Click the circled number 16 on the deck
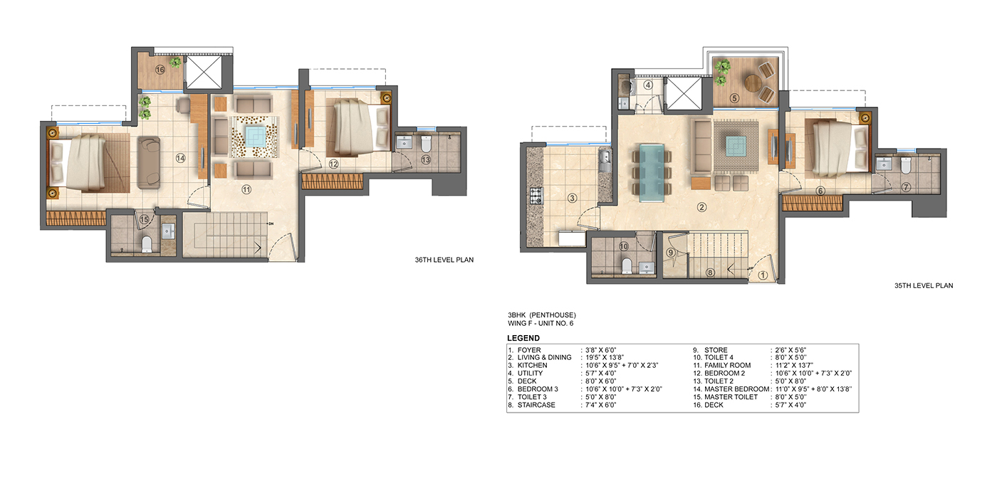pos(160,70)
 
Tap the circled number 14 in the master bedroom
pos(180,158)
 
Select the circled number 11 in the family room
pos(246,190)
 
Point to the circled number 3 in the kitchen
pos(573,198)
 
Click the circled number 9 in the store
pos(671,253)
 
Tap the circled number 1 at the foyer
pos(763,275)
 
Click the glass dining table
pos(652,173)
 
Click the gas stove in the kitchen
pos(536,196)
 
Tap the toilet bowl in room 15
pos(147,244)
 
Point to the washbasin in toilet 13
pos(405,143)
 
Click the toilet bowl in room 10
pos(626,265)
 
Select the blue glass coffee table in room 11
pos(255,136)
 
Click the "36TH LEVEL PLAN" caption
pos(444,260)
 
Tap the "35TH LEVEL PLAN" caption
pos(924,285)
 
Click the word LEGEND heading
pos(523,338)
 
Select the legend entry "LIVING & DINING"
pos(544,357)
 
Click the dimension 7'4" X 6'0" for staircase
pos(601,405)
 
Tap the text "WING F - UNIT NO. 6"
pos(541,323)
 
